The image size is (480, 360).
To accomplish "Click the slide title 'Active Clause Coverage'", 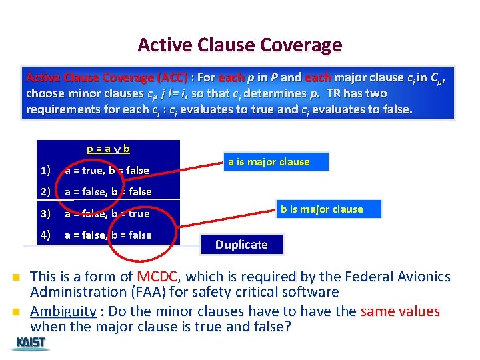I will click(239, 45).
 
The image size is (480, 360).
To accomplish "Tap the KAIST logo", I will click(31, 343).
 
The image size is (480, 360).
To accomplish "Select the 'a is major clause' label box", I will click(275, 162).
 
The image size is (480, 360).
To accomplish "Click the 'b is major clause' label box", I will click(331, 209).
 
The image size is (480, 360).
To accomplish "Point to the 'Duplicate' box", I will click(241, 245).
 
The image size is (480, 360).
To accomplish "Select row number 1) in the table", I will click(45, 170).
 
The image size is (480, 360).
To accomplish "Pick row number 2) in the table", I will click(45, 192).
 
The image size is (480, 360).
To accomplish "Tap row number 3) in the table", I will click(45, 214).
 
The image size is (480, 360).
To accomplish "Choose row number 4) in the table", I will click(45, 235).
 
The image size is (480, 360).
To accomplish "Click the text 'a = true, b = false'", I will click(107, 170).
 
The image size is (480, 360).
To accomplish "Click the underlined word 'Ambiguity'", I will click(63, 311).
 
